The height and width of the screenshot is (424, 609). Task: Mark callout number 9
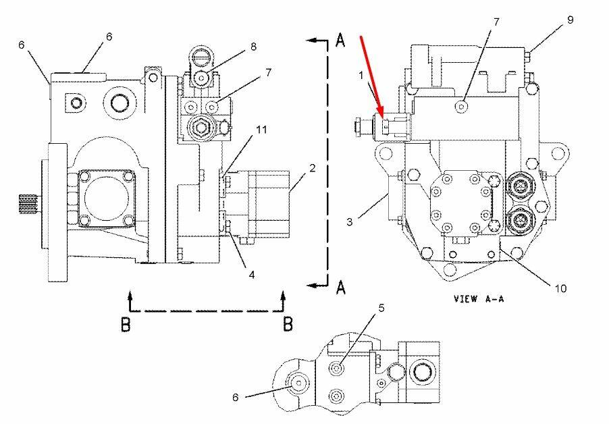[x=570, y=20]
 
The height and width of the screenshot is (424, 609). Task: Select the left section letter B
[x=126, y=324]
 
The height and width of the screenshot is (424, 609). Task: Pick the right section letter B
[x=288, y=324]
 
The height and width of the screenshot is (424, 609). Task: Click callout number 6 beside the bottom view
[x=235, y=397]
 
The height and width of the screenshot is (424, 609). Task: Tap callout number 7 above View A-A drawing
[x=496, y=22]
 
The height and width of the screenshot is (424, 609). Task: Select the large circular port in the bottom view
[x=421, y=371]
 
